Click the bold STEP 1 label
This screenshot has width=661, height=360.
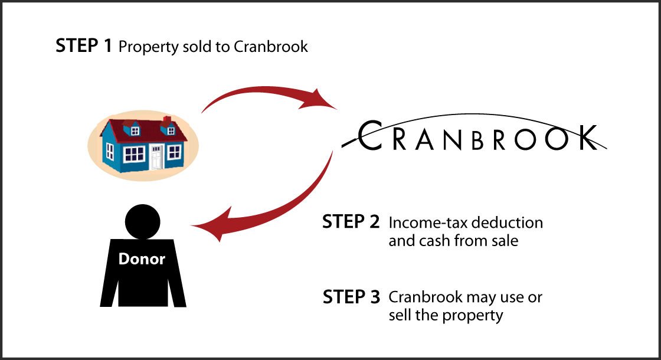point(83,46)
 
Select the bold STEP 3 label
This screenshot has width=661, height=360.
point(351,297)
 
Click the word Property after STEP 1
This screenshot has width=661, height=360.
point(144,47)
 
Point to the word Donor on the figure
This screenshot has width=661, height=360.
point(142,258)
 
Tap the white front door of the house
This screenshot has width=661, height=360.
point(156,157)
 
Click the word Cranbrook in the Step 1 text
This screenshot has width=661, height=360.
point(271,47)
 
